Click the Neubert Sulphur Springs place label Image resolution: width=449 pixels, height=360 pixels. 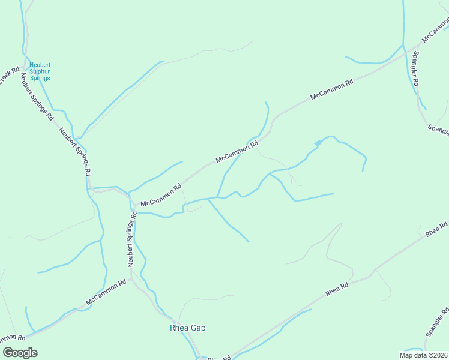coord(40,71)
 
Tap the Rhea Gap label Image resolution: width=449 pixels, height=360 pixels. coord(188,328)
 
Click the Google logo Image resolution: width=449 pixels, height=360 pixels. coord(20,353)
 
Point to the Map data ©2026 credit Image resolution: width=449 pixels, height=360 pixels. coord(422,355)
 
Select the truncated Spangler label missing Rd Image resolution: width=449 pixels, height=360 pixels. coord(439,130)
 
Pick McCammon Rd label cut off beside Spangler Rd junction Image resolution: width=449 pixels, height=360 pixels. coord(435,30)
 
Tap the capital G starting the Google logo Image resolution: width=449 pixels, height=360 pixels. coord(8,352)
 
